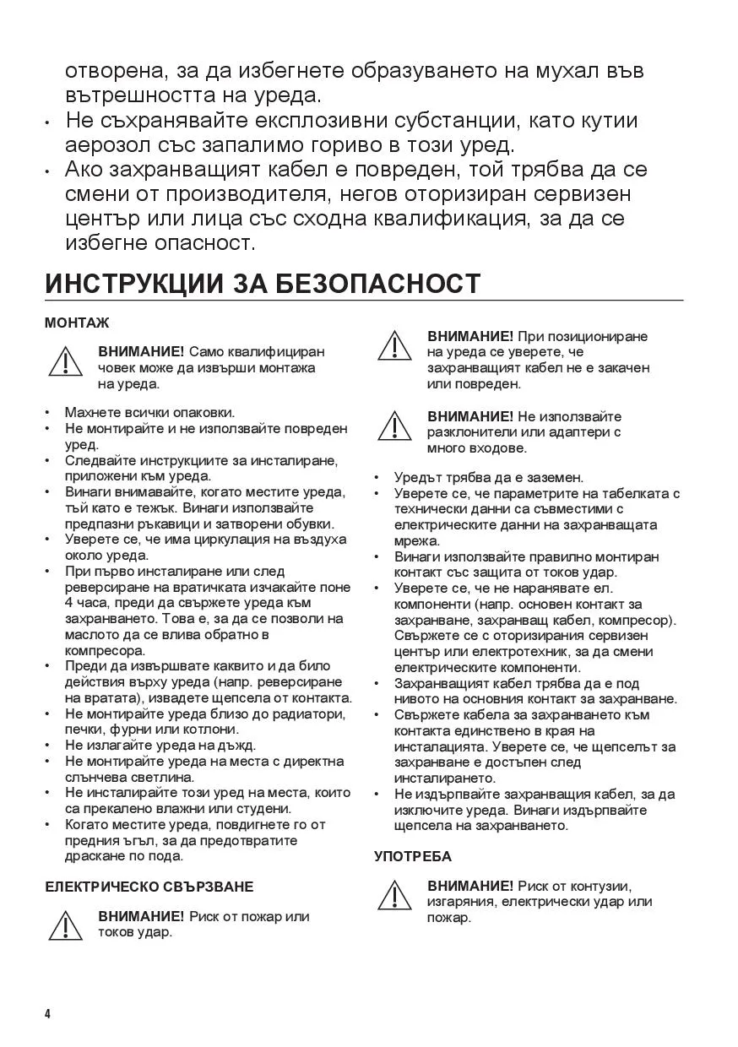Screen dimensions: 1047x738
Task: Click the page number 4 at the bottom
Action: [48, 1013]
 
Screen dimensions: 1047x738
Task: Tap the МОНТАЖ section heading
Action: [77, 323]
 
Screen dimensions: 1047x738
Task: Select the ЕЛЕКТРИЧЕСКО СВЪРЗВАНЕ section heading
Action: [149, 887]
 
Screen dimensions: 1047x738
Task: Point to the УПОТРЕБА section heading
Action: [413, 856]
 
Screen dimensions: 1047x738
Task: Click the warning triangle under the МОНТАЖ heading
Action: [65, 361]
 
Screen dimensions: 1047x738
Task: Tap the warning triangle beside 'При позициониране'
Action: [394, 346]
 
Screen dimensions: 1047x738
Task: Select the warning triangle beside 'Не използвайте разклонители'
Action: [394, 426]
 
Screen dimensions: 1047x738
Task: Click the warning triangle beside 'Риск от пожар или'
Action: [65, 926]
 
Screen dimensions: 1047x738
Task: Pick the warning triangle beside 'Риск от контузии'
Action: [394, 896]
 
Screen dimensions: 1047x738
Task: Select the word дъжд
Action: [237, 746]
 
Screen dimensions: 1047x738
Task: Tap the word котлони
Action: [203, 730]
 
